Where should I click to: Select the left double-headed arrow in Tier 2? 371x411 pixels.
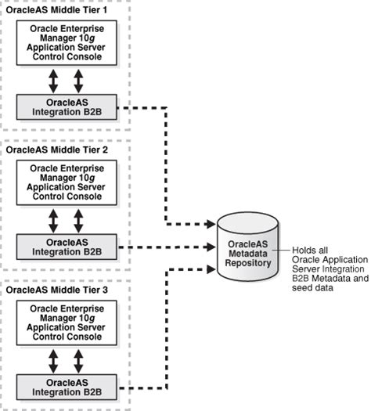point(53,220)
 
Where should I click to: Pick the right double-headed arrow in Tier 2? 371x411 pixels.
point(78,220)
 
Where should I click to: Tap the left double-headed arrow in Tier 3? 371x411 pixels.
point(53,361)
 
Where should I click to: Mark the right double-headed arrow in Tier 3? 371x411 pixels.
point(78,361)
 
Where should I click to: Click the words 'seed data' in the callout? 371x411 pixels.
point(312,288)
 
